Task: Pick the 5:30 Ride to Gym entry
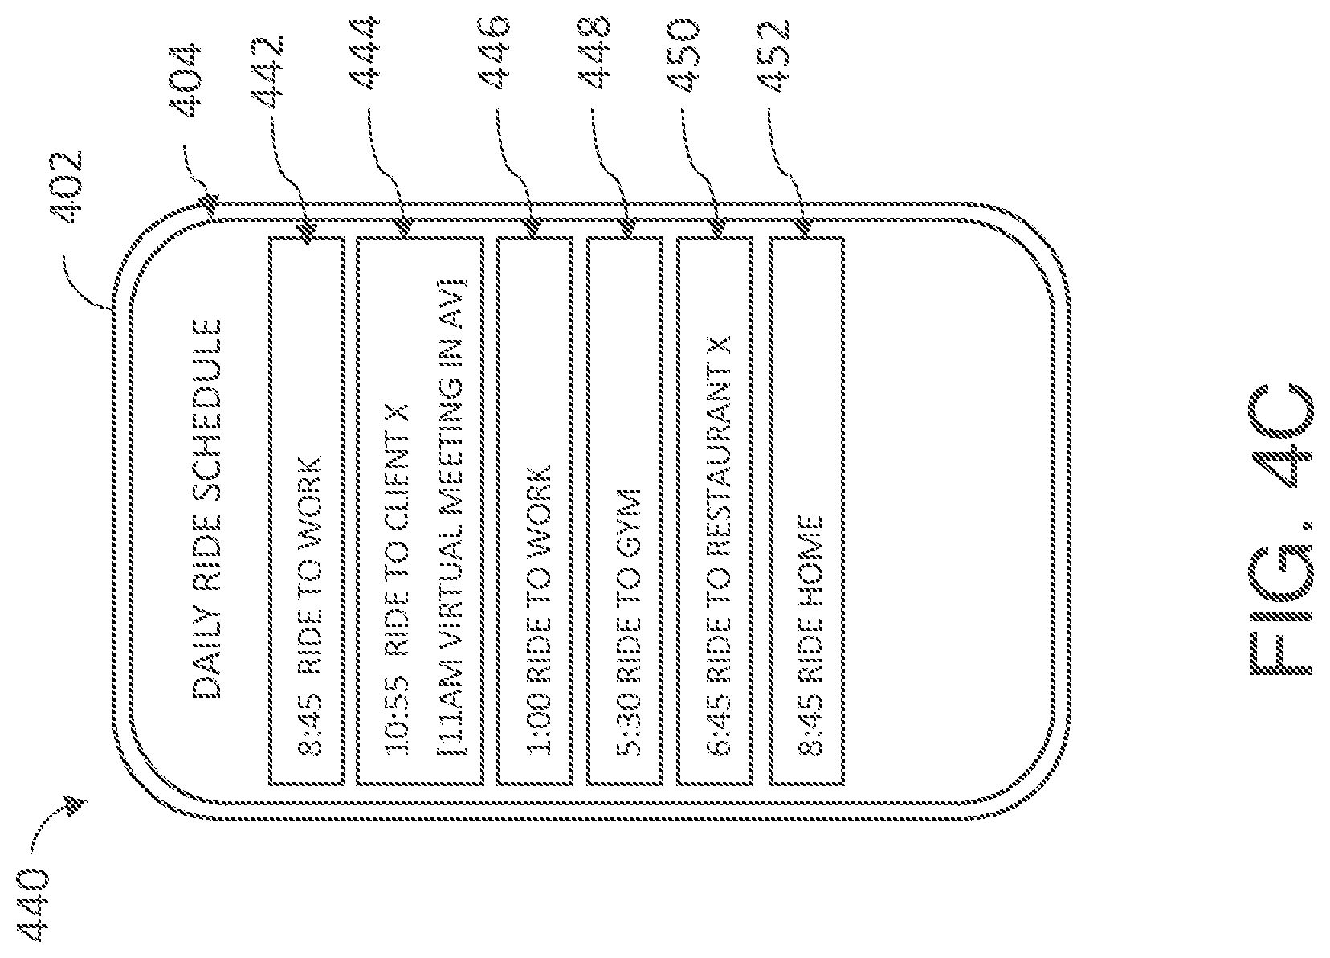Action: tap(626, 621)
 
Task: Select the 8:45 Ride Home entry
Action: tap(807, 635)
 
